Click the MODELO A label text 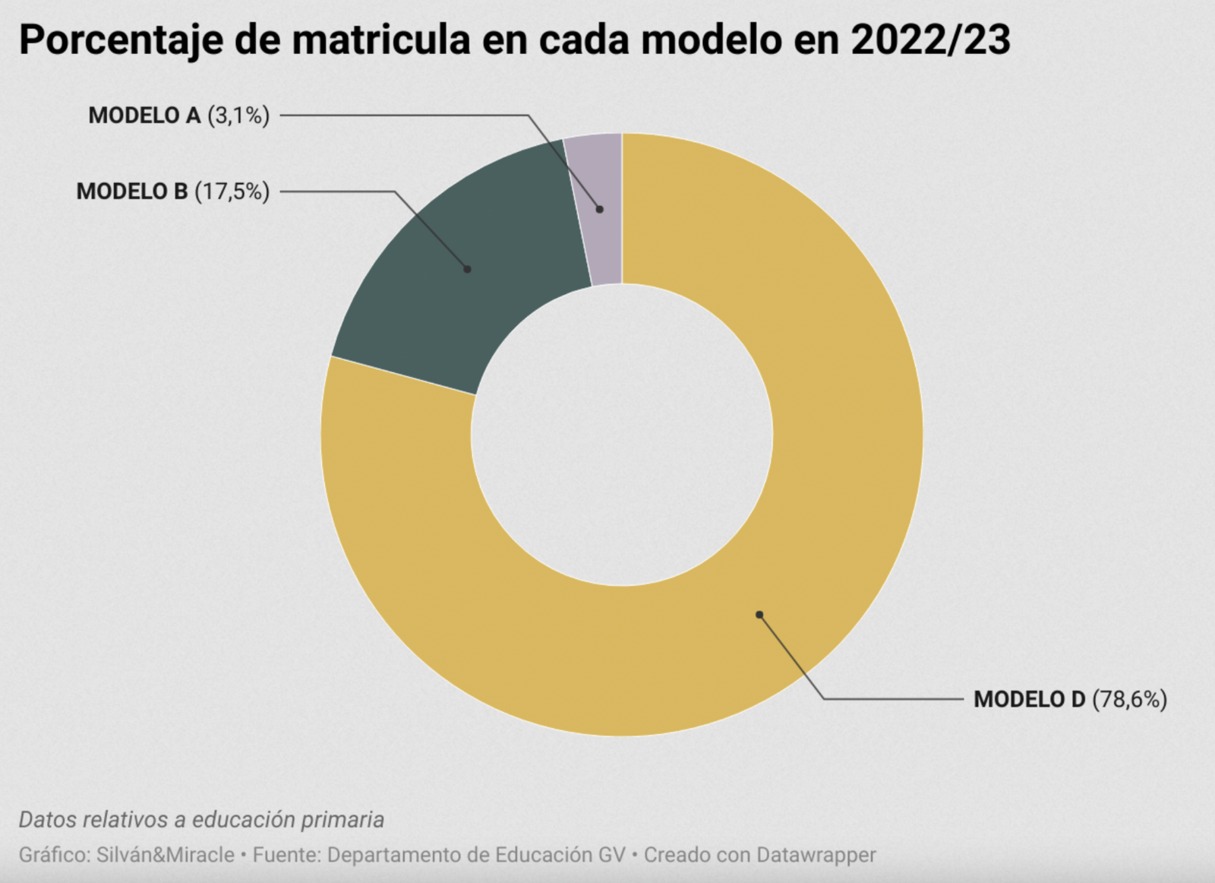coord(144,116)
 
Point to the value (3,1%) coord(238,116)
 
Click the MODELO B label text coord(132,191)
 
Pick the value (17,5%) coord(232,191)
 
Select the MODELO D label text coord(1030,699)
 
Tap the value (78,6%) coord(1129,699)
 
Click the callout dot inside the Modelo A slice coord(600,209)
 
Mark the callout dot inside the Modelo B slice coord(468,269)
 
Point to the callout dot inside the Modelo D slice coord(759,615)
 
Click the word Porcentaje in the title coord(121,40)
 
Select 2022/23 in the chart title coord(930,40)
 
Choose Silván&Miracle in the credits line coord(166,855)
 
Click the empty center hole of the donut coord(622,435)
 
